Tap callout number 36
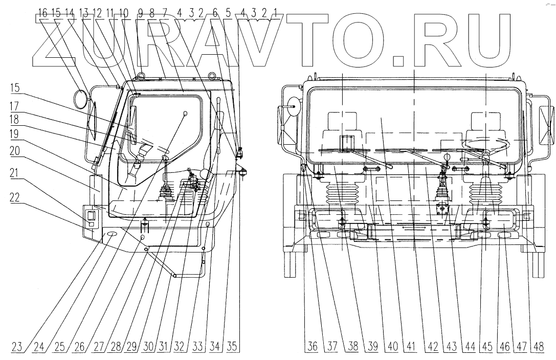coord(312,346)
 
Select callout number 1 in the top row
coord(276,14)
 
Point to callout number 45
coord(487,346)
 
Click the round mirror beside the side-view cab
coord(80,99)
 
